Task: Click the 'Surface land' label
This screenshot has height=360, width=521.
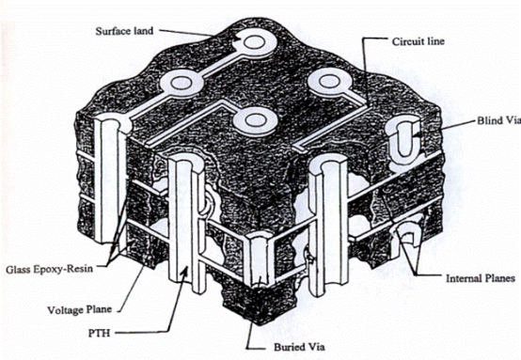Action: tap(124, 31)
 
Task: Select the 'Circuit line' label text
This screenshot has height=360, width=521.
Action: tap(418, 41)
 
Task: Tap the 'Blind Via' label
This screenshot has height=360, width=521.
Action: tap(498, 120)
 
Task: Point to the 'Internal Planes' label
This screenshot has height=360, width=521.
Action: tap(481, 278)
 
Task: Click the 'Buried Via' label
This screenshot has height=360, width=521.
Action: tap(299, 347)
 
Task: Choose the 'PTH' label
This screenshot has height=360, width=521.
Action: tap(99, 333)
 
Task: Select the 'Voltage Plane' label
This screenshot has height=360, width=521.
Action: tap(79, 310)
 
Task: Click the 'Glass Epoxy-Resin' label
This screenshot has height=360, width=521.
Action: tap(50, 269)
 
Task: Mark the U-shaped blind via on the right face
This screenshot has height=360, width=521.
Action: tap(403, 138)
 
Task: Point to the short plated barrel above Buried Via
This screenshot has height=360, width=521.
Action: tap(261, 260)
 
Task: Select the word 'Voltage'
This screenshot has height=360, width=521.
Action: tap(65, 310)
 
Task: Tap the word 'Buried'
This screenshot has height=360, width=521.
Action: tap(288, 347)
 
